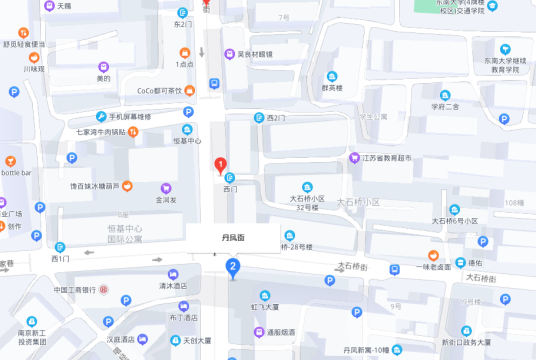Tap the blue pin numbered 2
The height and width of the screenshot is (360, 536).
[x=232, y=267]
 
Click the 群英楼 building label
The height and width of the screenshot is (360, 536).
[x=332, y=87]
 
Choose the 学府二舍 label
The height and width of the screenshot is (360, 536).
[x=445, y=105]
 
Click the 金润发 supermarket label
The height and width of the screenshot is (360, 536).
[x=165, y=199]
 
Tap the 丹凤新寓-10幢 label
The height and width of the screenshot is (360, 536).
[x=372, y=348]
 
